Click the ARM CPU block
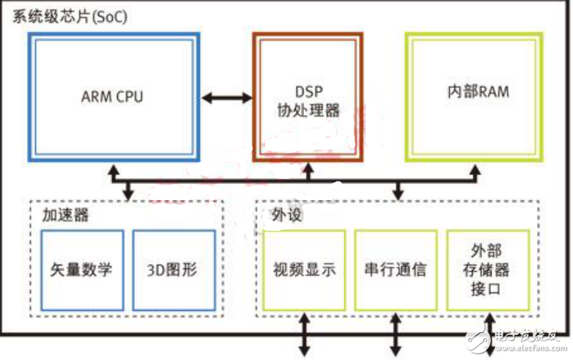(113, 96)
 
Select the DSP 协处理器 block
(308, 96)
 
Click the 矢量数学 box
(81, 269)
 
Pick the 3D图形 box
(174, 269)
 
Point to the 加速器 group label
(62, 216)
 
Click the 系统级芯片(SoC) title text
(70, 16)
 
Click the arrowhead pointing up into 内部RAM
(476, 171)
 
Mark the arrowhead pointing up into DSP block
(308, 171)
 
